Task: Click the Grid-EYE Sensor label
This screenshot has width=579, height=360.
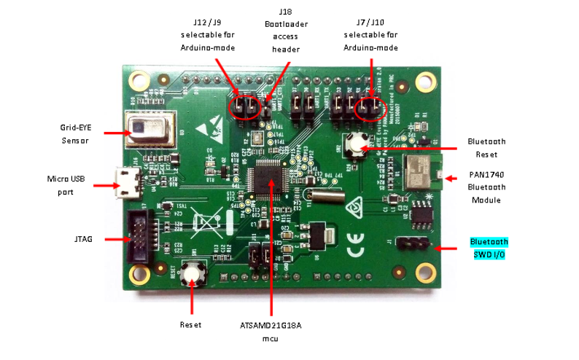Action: (76, 133)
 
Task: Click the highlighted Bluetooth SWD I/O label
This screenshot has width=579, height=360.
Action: (489, 248)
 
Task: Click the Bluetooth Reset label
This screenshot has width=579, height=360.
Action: (488, 147)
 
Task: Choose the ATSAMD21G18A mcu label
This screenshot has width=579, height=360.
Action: (271, 332)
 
